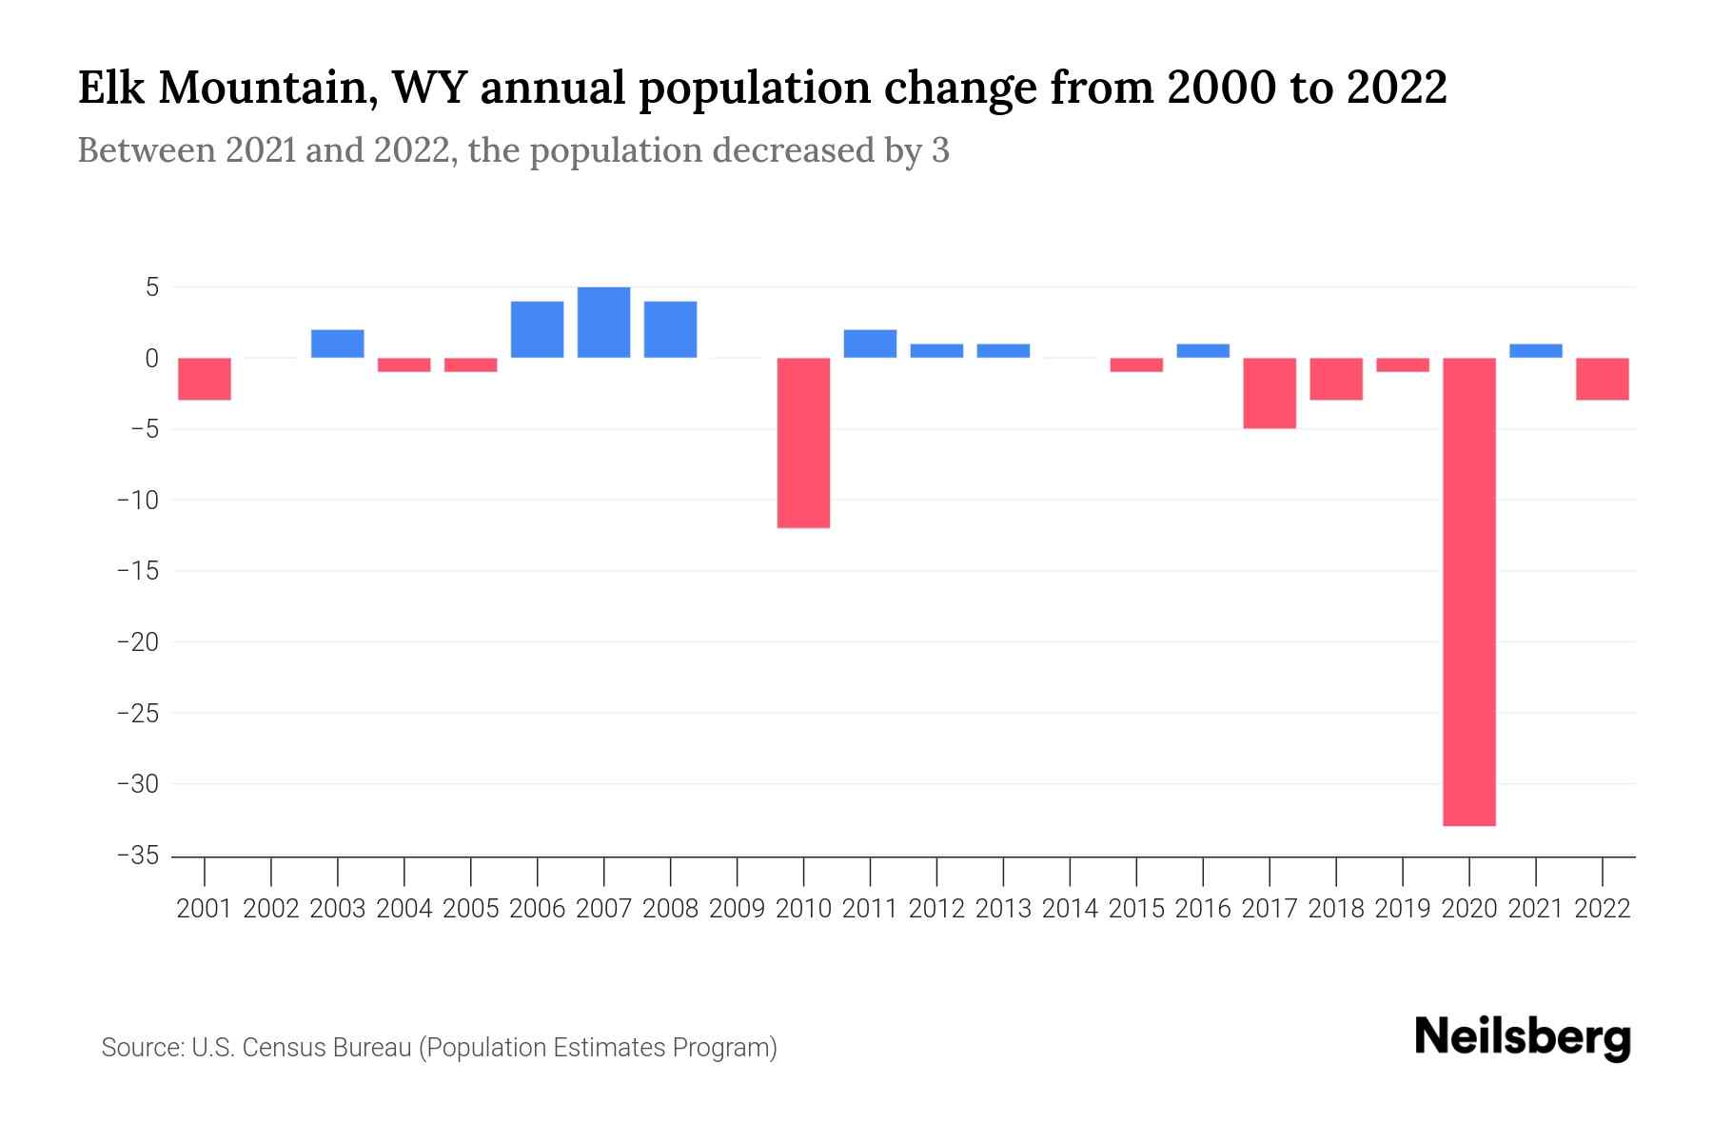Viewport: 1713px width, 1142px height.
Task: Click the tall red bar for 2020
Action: click(x=1469, y=591)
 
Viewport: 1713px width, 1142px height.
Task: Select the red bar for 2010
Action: click(x=803, y=443)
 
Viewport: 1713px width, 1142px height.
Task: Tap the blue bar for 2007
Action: click(x=603, y=323)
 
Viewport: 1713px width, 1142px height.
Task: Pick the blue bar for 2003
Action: click(x=337, y=344)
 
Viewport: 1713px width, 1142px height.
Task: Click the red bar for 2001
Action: click(x=205, y=379)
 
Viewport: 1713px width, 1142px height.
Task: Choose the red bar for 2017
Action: click(x=1270, y=393)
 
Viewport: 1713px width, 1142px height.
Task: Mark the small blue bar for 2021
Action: click(x=1535, y=350)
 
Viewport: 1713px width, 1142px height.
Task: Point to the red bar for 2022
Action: click(x=1602, y=379)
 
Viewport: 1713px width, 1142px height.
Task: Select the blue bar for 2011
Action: click(x=870, y=344)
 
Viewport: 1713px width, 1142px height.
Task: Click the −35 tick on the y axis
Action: click(x=137, y=856)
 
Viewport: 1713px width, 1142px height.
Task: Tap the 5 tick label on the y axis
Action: click(x=151, y=287)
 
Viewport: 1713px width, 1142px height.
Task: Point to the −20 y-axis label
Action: click(x=137, y=642)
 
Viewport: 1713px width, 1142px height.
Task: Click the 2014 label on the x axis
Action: click(x=1070, y=909)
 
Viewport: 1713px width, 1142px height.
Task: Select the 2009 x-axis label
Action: click(x=737, y=909)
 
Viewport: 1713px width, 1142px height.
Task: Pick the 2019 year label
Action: click(x=1403, y=909)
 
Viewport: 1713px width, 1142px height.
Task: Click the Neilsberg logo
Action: click(x=1523, y=1037)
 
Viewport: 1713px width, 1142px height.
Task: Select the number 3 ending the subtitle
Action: click(x=940, y=151)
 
